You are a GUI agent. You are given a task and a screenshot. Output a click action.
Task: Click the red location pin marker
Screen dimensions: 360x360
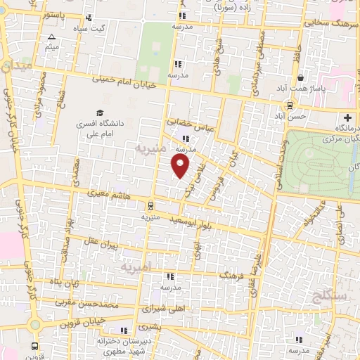181,167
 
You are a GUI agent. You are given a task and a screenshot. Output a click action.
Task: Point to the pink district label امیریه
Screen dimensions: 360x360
131,269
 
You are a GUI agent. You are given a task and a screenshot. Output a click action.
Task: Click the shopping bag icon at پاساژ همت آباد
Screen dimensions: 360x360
301,77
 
